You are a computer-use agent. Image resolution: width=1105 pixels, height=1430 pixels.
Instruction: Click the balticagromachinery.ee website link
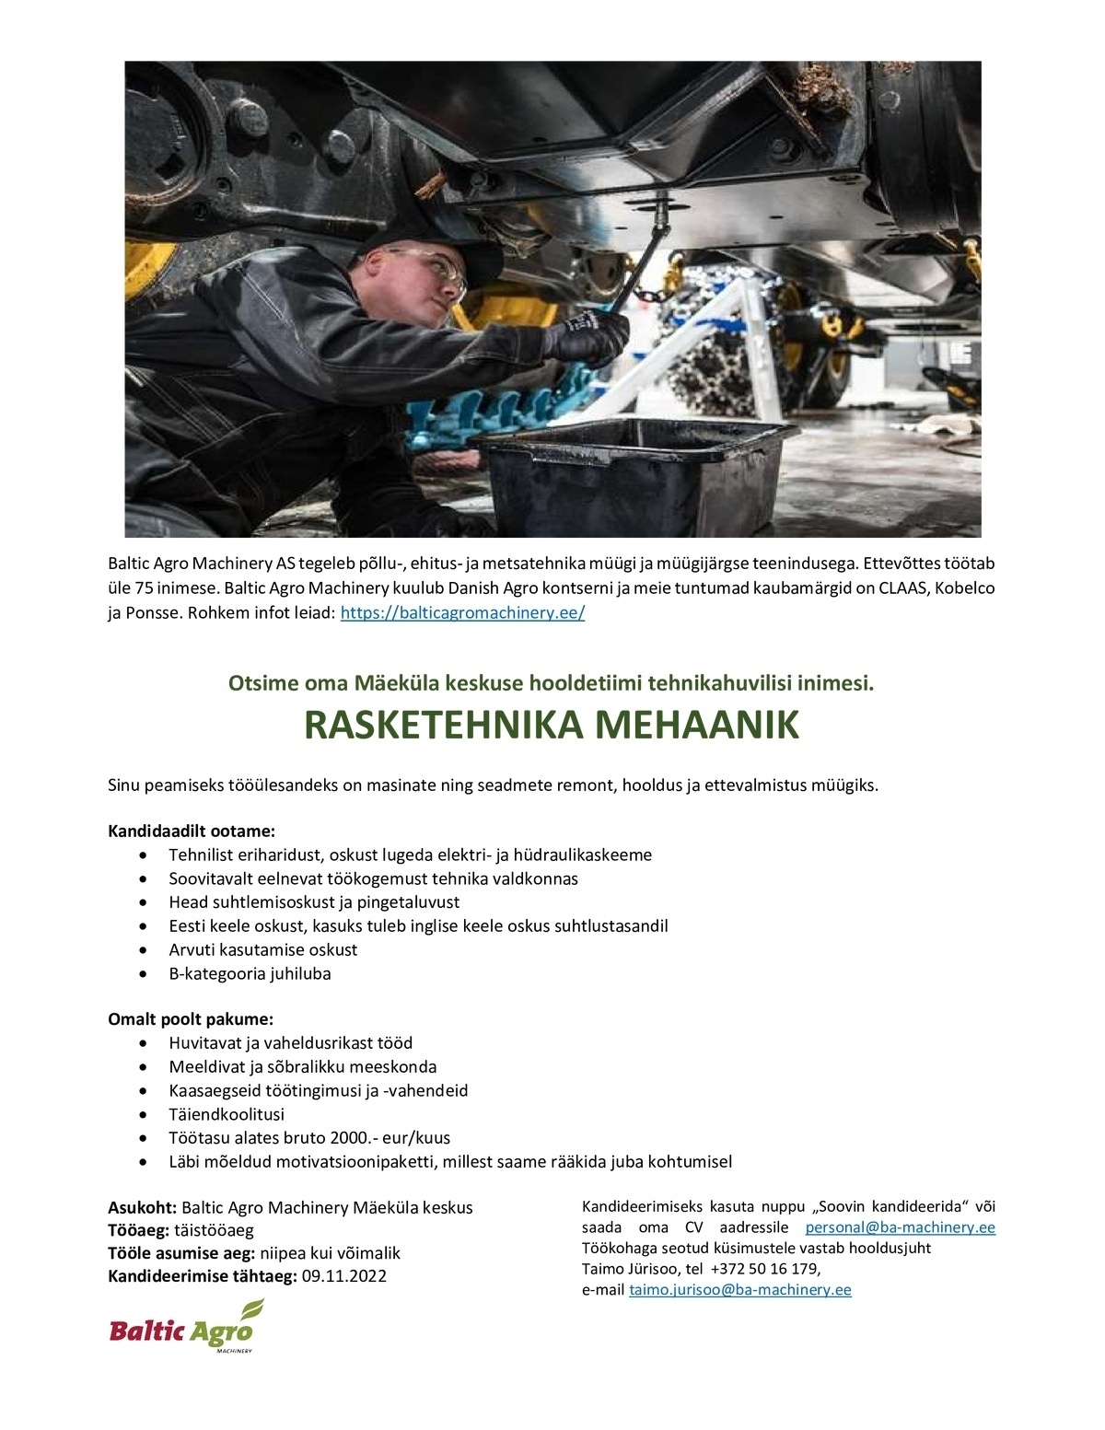click(x=462, y=613)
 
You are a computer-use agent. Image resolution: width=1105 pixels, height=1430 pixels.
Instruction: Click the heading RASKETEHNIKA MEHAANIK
click(x=552, y=727)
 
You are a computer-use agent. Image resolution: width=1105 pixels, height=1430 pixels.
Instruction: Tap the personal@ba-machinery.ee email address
click(x=900, y=1227)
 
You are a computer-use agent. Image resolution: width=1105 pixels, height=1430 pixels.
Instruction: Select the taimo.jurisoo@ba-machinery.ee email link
click(x=739, y=1290)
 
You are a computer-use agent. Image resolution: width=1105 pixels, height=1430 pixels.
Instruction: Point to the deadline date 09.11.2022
click(x=344, y=1276)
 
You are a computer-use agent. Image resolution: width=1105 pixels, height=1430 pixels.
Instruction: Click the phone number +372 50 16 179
click(x=763, y=1269)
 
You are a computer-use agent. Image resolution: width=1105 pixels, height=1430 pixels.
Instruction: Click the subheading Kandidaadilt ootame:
click(x=192, y=831)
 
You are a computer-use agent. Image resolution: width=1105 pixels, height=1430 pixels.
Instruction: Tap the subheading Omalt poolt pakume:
click(x=191, y=1019)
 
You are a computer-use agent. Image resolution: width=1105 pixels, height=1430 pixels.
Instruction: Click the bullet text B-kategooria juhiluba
click(x=250, y=973)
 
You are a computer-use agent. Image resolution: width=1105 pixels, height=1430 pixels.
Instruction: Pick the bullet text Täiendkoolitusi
click(x=227, y=1114)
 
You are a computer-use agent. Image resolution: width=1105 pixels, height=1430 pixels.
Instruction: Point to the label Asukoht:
click(x=143, y=1207)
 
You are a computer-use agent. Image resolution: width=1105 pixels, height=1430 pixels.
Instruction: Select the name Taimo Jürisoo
click(x=630, y=1269)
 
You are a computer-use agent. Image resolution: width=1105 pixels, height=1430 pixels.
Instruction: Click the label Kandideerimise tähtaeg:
click(x=203, y=1276)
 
